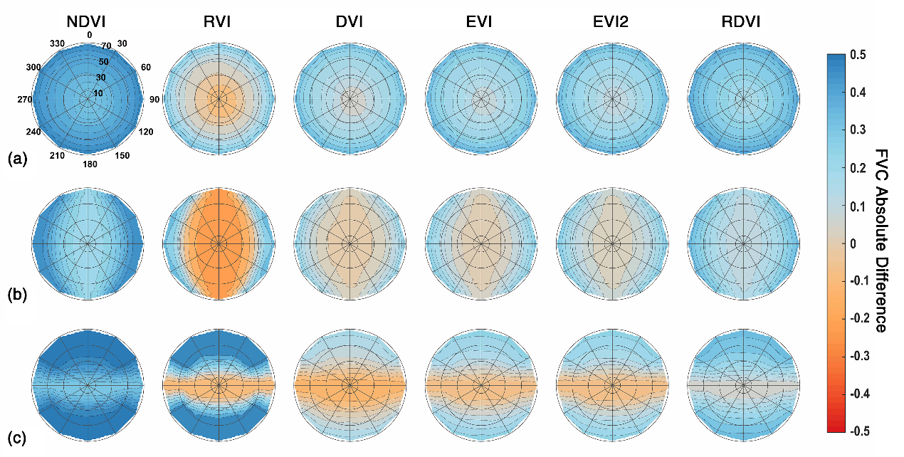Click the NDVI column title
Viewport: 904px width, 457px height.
coord(89,22)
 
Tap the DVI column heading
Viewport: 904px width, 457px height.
coord(349,22)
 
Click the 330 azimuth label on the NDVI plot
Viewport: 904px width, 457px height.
coord(58,44)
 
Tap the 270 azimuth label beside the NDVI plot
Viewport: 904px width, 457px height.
coord(25,100)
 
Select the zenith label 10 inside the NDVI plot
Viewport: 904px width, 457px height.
coord(99,93)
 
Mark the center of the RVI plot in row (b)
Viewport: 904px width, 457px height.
coord(219,243)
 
